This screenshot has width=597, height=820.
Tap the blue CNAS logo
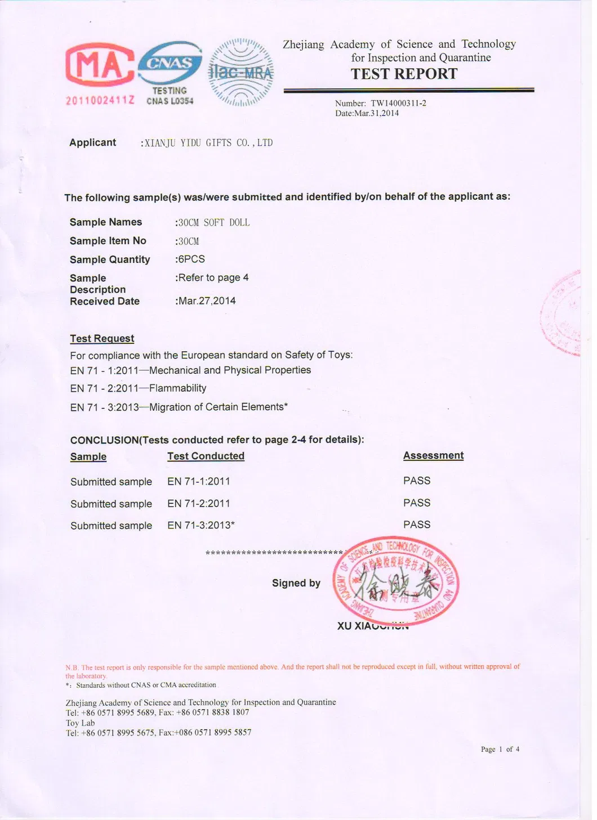pyautogui.click(x=170, y=63)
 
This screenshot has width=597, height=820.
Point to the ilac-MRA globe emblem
pyautogui.click(x=241, y=73)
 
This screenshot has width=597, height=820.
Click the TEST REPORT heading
pyautogui.click(x=404, y=74)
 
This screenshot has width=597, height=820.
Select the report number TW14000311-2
pyautogui.click(x=398, y=103)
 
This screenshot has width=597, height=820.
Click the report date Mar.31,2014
pyautogui.click(x=376, y=113)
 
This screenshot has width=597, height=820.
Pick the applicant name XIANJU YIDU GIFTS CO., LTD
pyautogui.click(x=208, y=143)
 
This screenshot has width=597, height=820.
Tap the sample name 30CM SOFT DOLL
pyautogui.click(x=213, y=223)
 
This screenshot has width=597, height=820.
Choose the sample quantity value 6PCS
pyautogui.click(x=191, y=259)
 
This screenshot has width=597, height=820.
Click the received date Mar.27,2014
pyautogui.click(x=207, y=301)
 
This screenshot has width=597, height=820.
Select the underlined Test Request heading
pyautogui.click(x=102, y=338)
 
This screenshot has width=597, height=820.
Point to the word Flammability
pyautogui.click(x=177, y=388)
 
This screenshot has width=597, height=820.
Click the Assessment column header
pyautogui.click(x=433, y=455)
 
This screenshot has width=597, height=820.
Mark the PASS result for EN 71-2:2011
pyautogui.click(x=417, y=503)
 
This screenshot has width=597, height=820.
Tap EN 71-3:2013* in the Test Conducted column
pyautogui.click(x=201, y=525)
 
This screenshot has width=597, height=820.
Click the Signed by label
pyautogui.click(x=296, y=583)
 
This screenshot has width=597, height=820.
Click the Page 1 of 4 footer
pyautogui.click(x=500, y=749)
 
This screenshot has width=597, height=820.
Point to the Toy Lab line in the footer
pyautogui.click(x=80, y=723)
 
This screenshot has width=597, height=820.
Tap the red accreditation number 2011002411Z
pyautogui.click(x=100, y=100)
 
